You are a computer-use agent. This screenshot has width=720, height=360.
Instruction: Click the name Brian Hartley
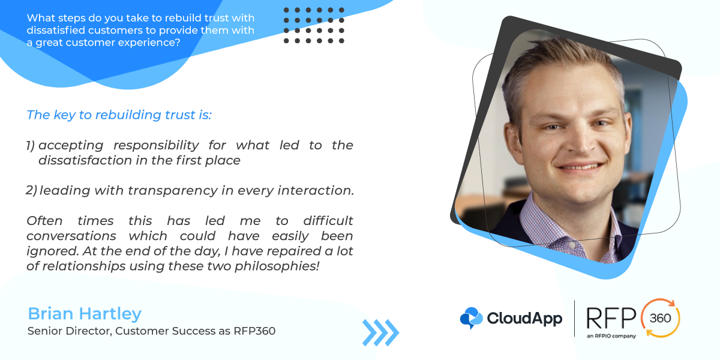[x=85, y=314]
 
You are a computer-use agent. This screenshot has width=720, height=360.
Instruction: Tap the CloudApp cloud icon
[x=471, y=318]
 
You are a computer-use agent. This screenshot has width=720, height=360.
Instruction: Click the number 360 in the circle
[x=660, y=318]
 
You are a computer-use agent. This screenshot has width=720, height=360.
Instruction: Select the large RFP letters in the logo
[x=611, y=318]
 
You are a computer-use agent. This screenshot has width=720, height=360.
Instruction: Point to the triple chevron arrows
[x=380, y=332]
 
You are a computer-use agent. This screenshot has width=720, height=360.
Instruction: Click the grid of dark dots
[x=314, y=25]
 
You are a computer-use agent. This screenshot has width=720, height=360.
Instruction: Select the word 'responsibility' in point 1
[x=156, y=146]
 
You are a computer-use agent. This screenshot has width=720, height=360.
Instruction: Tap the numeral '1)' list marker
[x=30, y=146]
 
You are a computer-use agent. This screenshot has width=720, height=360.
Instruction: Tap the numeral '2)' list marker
[x=31, y=190]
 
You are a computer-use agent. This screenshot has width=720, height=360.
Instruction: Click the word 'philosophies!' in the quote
[x=277, y=266]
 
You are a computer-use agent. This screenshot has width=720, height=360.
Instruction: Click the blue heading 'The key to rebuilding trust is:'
[x=119, y=115]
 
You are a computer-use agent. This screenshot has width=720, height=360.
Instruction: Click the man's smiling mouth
[x=580, y=167]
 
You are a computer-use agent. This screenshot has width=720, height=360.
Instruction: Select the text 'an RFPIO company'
[x=611, y=336]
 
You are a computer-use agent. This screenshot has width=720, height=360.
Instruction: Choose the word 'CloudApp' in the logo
[x=524, y=319]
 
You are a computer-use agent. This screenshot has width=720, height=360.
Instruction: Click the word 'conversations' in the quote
[x=71, y=236]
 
